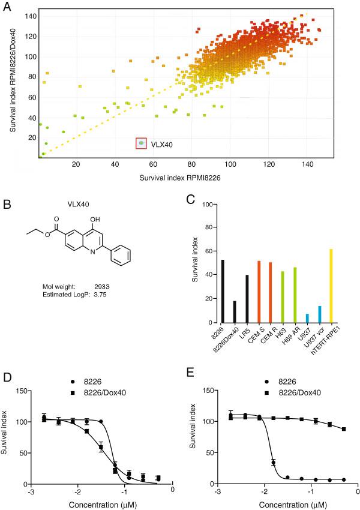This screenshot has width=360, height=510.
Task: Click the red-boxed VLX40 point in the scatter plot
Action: (x=142, y=143)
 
